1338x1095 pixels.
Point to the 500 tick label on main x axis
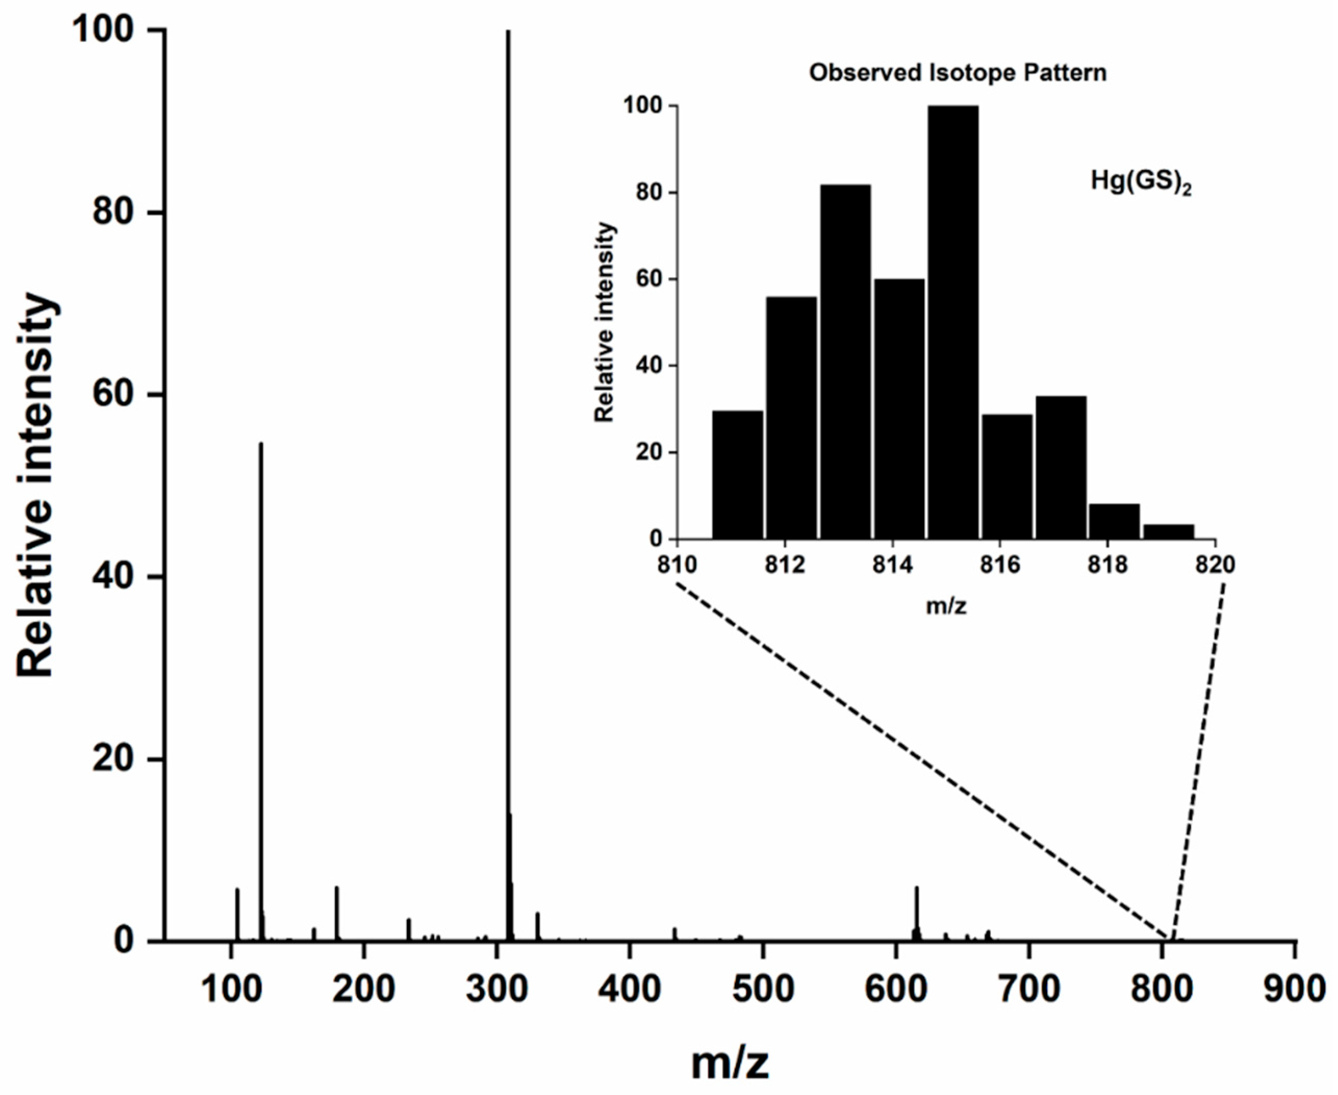point(763,989)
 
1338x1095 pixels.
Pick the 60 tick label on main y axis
point(114,396)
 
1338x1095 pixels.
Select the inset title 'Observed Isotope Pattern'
point(958,73)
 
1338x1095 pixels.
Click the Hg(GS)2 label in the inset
point(1141,182)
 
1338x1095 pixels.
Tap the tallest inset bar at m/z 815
point(953,322)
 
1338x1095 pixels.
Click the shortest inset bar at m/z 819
point(1168,532)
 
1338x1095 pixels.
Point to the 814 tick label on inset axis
point(892,564)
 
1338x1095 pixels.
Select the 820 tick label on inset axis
point(1215,564)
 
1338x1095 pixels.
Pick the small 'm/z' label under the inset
point(946,607)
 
